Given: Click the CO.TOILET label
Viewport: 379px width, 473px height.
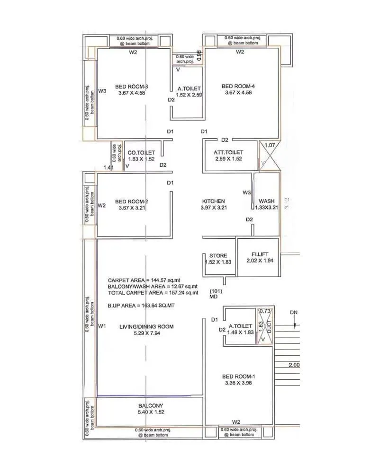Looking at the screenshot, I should click(x=142, y=153).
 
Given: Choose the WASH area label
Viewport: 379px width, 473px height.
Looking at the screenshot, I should click(x=266, y=201).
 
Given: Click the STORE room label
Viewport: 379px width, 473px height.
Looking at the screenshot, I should click(x=218, y=255).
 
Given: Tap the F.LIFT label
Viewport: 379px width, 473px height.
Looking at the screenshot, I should click(x=260, y=254).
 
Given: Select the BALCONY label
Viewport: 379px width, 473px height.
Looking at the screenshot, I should click(x=151, y=406).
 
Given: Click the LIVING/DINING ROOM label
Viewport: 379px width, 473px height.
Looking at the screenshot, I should click(x=146, y=327).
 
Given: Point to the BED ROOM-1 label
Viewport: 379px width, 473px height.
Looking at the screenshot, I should click(x=239, y=377).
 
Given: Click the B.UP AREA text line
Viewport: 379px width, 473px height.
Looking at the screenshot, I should click(x=141, y=306).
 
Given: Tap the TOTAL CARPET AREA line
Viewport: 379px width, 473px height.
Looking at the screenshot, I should click(x=152, y=293).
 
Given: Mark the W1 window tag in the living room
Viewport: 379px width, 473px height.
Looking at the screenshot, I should click(x=101, y=326).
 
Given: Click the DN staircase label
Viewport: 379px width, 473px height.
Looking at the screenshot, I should click(x=294, y=313).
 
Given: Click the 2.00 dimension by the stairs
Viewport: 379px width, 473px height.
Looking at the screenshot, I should click(x=294, y=365).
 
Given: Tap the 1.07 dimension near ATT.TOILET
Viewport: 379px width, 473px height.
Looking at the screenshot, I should click(x=270, y=146).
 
